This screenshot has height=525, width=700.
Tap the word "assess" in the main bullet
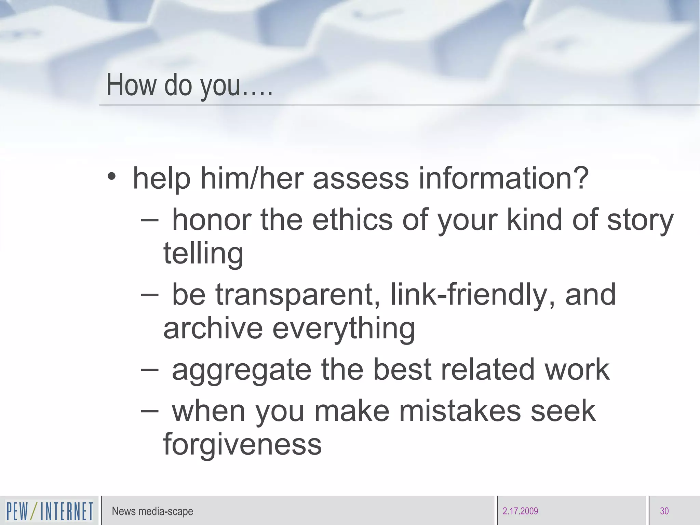361,178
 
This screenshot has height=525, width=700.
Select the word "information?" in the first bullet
503,178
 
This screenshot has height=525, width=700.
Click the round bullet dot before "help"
111,177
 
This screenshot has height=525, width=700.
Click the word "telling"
203,254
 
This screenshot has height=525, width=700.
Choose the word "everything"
344,329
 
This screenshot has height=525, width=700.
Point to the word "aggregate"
242,371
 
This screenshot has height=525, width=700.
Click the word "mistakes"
460,411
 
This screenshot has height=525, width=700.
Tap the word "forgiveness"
242,444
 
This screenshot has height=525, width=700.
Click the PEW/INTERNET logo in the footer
50,511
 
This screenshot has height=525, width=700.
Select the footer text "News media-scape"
152,511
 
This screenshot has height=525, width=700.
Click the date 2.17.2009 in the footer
520,511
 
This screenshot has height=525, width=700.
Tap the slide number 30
664,511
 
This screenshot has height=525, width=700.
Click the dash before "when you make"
149,411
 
